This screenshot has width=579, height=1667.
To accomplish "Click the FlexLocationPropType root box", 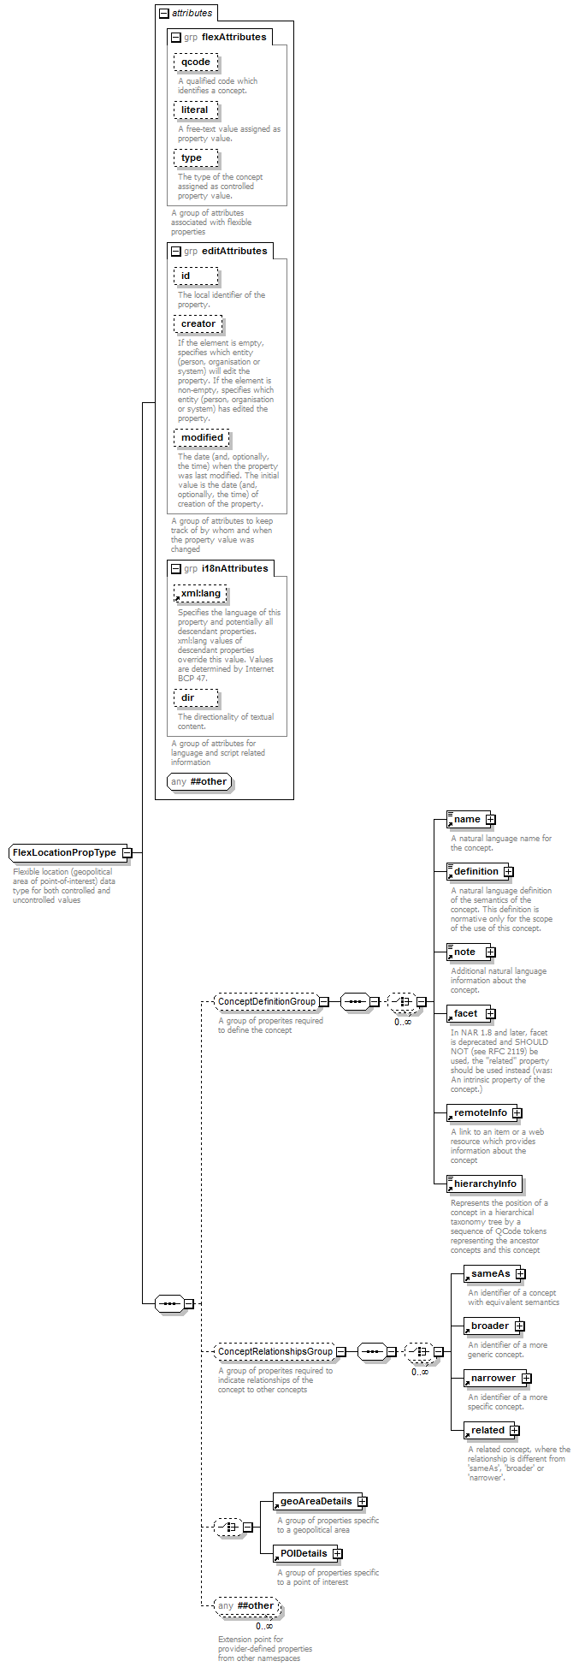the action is (65, 852).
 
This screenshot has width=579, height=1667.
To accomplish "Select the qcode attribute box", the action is (196, 62).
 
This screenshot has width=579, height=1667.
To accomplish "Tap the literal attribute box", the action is (195, 110).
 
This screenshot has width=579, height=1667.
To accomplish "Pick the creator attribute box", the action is (198, 323).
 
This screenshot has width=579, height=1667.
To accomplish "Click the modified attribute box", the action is (202, 437).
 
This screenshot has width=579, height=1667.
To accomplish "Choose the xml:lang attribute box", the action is (200, 593).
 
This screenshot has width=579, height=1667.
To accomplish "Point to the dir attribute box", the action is (196, 697).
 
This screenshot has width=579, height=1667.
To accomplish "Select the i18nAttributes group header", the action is (221, 568).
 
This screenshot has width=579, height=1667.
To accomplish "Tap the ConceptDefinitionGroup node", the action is (266, 1001).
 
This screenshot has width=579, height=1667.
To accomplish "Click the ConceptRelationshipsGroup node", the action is (275, 1351).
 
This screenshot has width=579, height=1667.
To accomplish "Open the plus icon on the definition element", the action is (508, 871).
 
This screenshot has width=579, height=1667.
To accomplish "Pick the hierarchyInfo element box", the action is (483, 1184).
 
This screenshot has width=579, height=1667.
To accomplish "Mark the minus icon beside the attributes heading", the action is (164, 13).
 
